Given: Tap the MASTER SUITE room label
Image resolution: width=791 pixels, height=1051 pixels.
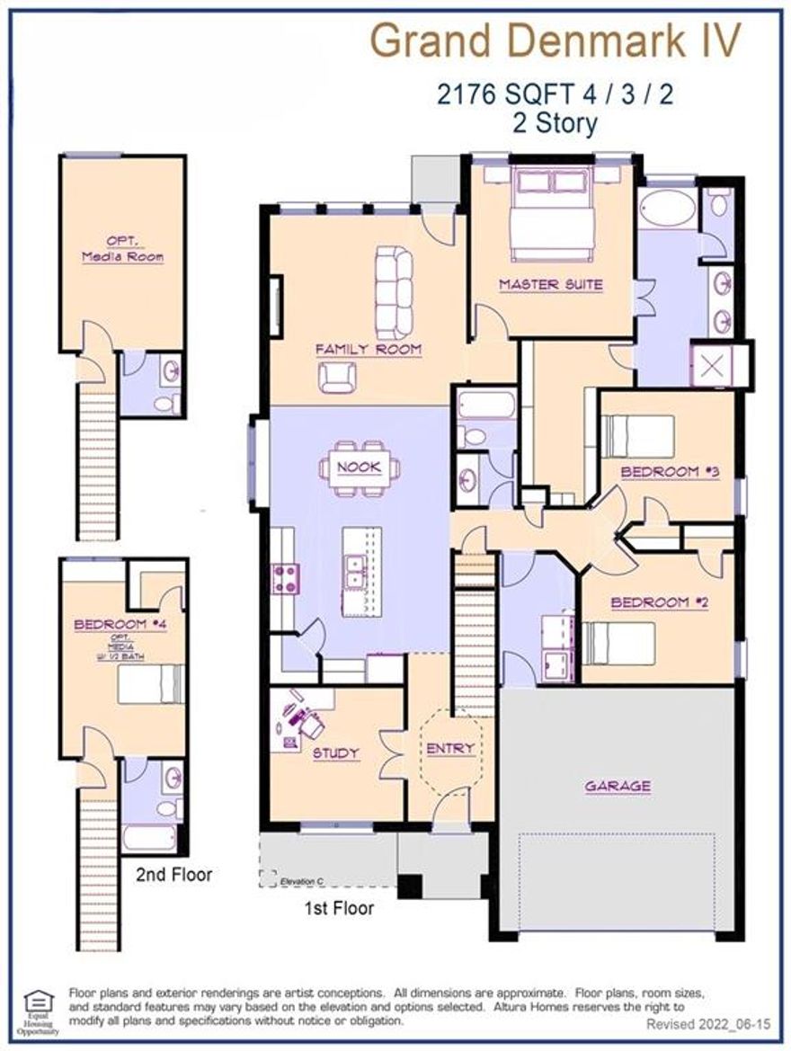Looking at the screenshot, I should point(550,285).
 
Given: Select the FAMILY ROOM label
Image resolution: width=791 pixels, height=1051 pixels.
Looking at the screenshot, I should point(369,349).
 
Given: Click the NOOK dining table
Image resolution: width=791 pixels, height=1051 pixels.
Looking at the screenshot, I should point(359,467).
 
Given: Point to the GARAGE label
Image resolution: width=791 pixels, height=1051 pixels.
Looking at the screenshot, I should point(618,786).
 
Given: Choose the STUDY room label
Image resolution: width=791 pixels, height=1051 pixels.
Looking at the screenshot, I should point(335,753).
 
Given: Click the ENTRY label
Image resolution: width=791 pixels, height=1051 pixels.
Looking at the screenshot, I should point(450,748).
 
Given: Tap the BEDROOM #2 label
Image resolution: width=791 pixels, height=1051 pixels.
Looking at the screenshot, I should point(659,602).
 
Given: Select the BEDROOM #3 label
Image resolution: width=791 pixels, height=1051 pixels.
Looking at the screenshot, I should point(671,471).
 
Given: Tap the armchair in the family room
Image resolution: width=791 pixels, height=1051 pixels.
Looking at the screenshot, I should point(337,376).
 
